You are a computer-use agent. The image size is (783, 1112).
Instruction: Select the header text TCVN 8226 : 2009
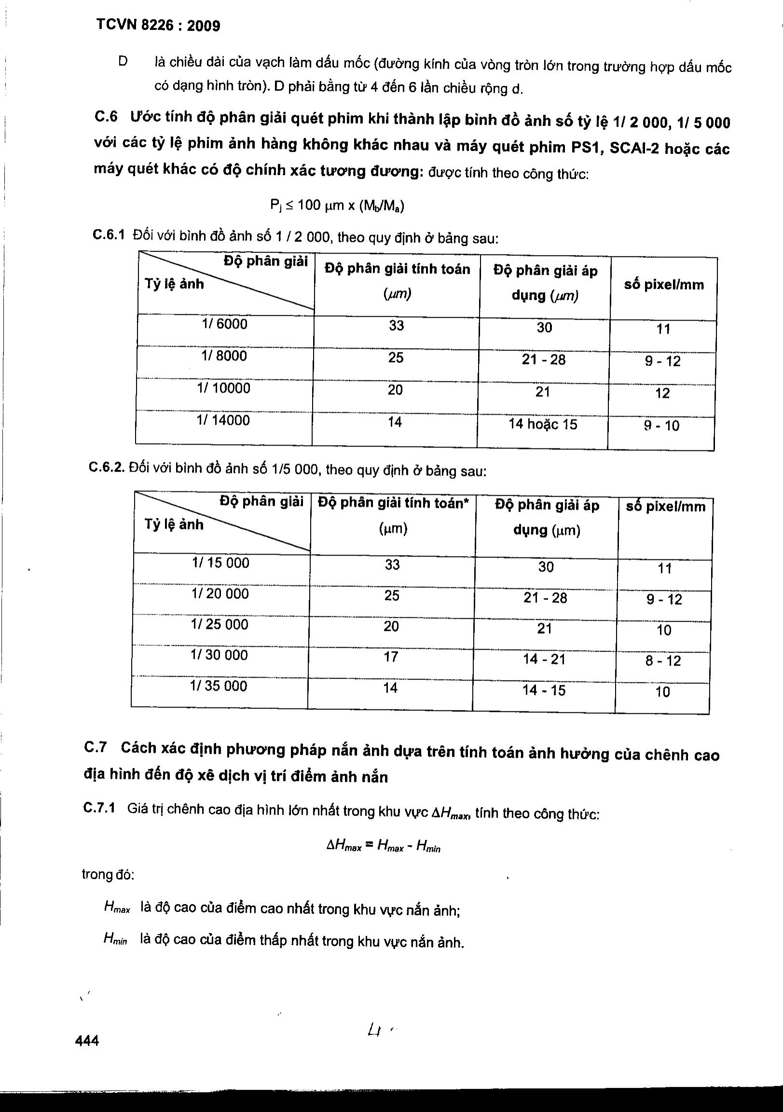point(158,25)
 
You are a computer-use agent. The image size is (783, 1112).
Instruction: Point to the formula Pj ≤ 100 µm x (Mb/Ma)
point(337,206)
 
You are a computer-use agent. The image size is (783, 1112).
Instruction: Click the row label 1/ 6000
point(224,324)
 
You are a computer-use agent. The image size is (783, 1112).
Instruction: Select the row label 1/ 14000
point(223,420)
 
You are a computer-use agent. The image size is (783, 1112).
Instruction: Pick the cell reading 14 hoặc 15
point(543,424)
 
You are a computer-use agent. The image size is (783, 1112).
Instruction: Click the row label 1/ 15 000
point(220,563)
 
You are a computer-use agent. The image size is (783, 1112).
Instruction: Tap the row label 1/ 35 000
point(219,686)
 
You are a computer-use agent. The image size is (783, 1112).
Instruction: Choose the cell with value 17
point(391,657)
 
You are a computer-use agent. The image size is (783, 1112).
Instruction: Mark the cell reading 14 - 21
point(544,659)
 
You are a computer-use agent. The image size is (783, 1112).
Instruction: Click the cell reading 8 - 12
point(663,661)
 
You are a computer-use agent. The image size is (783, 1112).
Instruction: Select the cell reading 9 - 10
point(661,426)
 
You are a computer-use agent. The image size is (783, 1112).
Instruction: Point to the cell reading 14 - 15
point(544,690)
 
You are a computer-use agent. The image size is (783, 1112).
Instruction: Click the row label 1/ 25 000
point(220,624)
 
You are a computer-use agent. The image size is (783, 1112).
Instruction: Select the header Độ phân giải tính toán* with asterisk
point(393,503)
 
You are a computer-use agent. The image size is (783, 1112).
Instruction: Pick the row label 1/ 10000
point(223,388)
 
